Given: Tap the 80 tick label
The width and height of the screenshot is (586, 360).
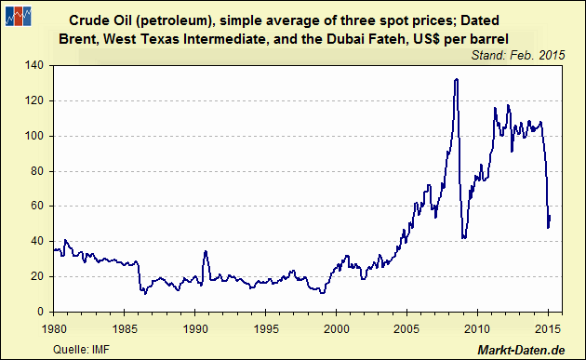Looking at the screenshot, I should (40, 170).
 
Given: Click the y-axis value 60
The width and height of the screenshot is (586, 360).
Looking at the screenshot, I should (40, 206).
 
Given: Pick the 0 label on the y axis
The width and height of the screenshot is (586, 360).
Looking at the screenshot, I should (44, 311).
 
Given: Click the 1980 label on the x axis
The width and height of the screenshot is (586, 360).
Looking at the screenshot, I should (54, 328).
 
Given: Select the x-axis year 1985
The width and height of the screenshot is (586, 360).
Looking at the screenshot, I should (125, 328).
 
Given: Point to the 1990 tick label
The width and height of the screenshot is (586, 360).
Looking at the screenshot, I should (195, 328).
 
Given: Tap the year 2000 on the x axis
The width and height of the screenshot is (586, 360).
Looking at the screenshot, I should (337, 328).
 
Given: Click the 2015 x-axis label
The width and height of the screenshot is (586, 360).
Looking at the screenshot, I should (549, 328).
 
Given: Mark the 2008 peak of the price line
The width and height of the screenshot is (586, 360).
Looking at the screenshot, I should (456, 79).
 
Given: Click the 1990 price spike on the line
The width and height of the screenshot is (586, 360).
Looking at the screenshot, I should (205, 251).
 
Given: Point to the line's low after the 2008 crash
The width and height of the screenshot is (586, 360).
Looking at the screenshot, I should (463, 238).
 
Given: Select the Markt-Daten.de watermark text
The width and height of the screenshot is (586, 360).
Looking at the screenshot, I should (522, 349).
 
